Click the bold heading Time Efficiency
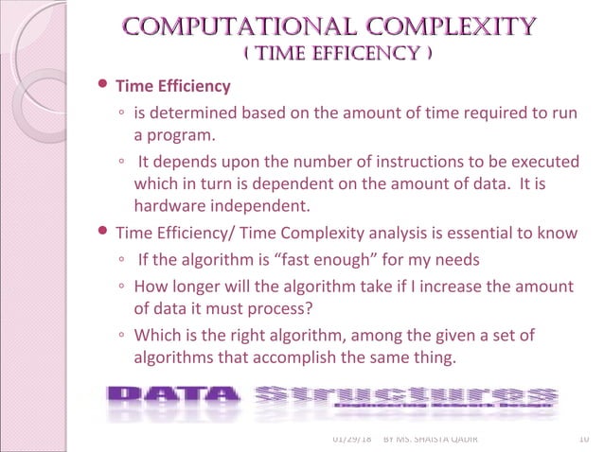coord(172,87)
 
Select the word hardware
coord(168,205)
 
